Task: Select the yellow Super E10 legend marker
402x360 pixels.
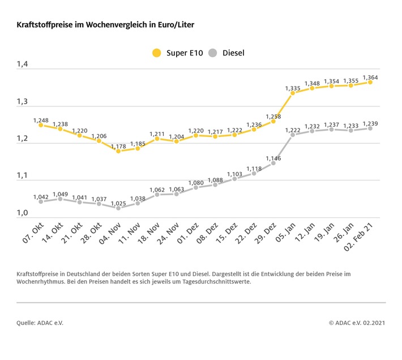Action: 156,53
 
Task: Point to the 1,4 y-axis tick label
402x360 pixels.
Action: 23,65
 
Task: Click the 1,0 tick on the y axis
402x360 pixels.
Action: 23,213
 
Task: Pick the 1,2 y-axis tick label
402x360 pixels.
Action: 23,139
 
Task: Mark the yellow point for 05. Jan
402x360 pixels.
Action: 293,93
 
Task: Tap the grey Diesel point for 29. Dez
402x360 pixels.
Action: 273,163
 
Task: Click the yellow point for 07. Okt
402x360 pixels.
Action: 41,125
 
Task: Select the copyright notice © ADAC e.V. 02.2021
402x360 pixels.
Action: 356,323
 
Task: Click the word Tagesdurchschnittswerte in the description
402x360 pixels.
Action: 212,282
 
